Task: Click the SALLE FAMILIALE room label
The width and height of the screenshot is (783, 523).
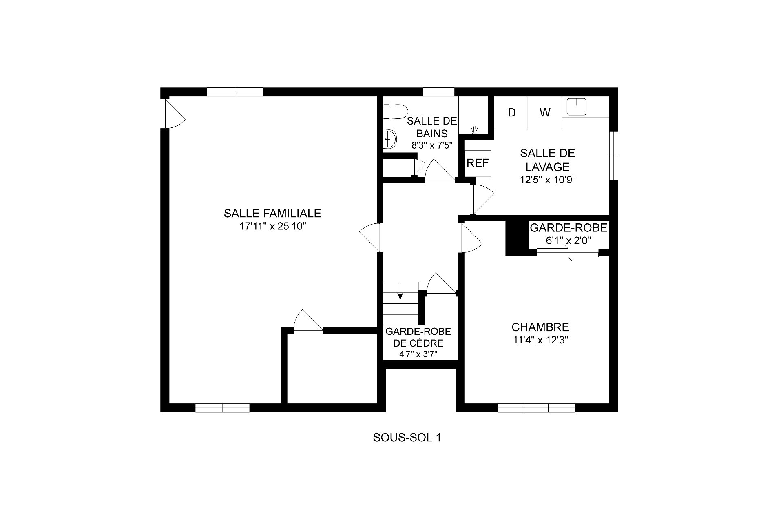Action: pyautogui.click(x=272, y=213)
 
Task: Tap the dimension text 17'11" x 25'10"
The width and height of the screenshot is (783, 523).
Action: pyautogui.click(x=272, y=227)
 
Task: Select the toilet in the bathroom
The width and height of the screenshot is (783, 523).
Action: pyautogui.click(x=396, y=111)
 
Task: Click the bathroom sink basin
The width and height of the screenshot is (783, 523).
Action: pyautogui.click(x=391, y=139)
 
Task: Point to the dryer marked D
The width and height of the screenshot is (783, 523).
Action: pyautogui.click(x=511, y=113)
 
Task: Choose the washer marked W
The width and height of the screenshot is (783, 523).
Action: pyautogui.click(x=545, y=113)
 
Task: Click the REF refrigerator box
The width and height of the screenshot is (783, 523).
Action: pyautogui.click(x=478, y=163)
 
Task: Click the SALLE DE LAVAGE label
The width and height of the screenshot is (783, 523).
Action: pyautogui.click(x=547, y=160)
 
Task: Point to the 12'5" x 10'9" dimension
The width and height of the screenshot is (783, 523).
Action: pyautogui.click(x=547, y=180)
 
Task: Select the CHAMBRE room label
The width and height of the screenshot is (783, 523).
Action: pyautogui.click(x=540, y=327)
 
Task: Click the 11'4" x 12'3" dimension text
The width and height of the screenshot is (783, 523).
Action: pyautogui.click(x=541, y=341)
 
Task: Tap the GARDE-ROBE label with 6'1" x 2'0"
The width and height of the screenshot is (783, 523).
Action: pyautogui.click(x=568, y=234)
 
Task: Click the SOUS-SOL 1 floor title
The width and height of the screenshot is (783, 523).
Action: pyautogui.click(x=407, y=438)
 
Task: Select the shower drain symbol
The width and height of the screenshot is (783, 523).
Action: pyautogui.click(x=474, y=130)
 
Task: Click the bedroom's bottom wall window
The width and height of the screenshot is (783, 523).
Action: pyautogui.click(x=536, y=407)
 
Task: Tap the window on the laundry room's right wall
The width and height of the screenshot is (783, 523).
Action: pyautogui.click(x=613, y=156)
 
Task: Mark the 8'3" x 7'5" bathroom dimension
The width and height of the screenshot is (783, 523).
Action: pyautogui.click(x=432, y=145)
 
